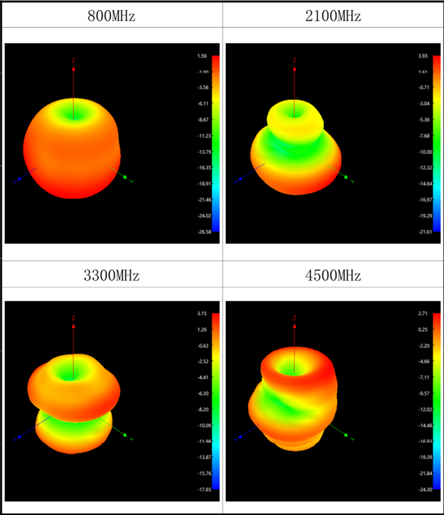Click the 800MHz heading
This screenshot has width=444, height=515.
(x=111, y=16)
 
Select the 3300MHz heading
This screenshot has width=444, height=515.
(x=111, y=275)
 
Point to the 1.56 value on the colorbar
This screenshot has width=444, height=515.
(x=202, y=56)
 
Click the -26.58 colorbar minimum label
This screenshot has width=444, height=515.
(x=201, y=232)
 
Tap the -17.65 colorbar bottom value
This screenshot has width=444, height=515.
(x=201, y=490)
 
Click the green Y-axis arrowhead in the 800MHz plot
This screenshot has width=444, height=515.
(x=125, y=177)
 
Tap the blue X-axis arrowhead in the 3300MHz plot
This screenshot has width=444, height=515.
(x=19, y=438)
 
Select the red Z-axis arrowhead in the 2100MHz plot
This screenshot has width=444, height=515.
(x=294, y=68)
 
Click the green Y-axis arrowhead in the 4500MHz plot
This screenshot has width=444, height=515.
(x=346, y=435)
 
